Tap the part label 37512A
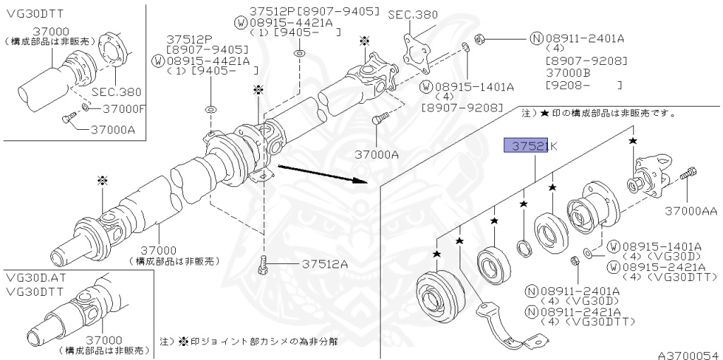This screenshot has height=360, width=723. [325, 265]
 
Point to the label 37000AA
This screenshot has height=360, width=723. [691, 210]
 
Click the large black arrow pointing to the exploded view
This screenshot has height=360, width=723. [322, 174]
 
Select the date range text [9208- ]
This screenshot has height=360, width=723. [583, 85]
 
